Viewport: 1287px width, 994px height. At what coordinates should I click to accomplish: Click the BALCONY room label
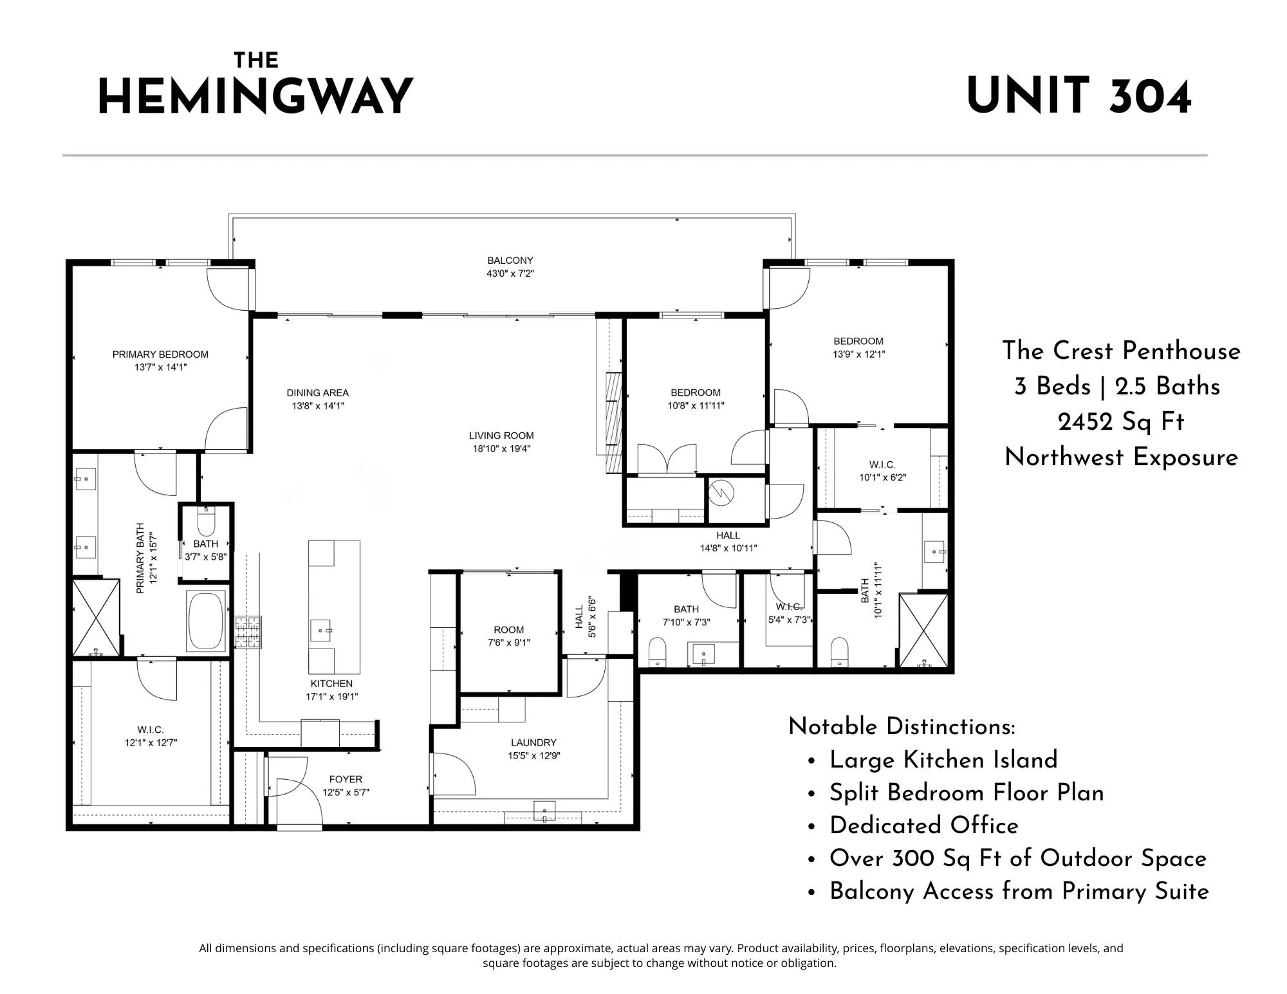click(x=510, y=261)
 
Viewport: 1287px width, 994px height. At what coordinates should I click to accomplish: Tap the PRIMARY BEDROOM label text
click(x=160, y=354)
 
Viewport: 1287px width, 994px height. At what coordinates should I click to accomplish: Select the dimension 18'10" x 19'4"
click(x=501, y=449)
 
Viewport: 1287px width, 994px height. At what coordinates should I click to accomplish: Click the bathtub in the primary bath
click(x=206, y=621)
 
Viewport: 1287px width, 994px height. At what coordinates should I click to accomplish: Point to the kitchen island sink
click(x=321, y=630)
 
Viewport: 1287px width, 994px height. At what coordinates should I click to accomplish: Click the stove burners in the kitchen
click(x=248, y=632)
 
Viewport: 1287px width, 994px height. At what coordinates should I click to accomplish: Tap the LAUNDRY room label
click(x=533, y=742)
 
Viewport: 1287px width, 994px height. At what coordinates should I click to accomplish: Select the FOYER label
click(x=346, y=779)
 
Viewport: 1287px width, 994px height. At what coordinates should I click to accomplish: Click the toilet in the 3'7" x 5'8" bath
click(x=206, y=522)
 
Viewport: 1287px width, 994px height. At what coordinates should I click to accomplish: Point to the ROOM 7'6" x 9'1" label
click(x=508, y=630)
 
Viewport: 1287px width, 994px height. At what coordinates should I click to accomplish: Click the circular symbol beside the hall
click(x=721, y=493)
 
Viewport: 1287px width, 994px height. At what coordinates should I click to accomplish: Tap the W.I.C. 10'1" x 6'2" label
click(x=882, y=465)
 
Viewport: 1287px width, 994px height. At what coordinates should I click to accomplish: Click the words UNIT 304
click(x=1079, y=97)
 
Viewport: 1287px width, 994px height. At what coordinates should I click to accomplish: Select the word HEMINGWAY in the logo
click(x=255, y=97)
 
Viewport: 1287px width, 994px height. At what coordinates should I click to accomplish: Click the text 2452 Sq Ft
click(x=1120, y=422)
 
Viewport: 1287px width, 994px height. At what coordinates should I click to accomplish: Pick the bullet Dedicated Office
click(x=923, y=825)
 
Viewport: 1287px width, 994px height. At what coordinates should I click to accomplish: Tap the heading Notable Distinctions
click(x=902, y=726)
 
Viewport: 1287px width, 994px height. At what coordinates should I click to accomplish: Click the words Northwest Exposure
click(x=1121, y=457)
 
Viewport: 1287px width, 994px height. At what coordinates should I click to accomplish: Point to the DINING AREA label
click(x=317, y=393)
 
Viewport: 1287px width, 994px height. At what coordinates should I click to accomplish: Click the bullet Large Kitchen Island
click(x=943, y=760)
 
